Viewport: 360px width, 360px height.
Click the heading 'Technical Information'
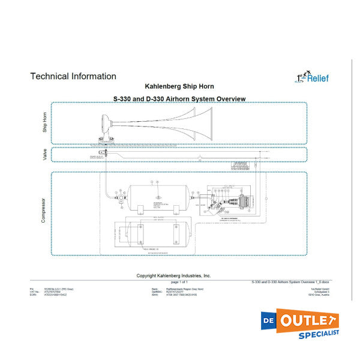pos(73,76)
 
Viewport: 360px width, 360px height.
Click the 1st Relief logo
pos(312,77)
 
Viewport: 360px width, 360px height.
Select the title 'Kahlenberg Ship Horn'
pos(180,86)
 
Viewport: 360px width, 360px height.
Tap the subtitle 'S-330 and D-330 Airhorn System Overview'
pos(179,98)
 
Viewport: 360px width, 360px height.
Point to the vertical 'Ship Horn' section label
pos(44,122)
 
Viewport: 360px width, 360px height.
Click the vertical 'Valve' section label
pos(44,155)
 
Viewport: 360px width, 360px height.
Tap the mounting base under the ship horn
pos(104,141)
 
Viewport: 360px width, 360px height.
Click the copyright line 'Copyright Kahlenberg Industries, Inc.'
pos(174,275)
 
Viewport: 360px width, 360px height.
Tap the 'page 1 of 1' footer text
pos(179,281)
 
